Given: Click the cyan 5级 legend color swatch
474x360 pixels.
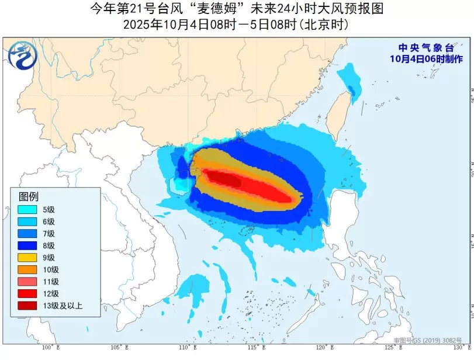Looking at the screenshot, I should pos(26,209).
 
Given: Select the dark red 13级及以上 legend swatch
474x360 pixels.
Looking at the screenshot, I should pos(26,305).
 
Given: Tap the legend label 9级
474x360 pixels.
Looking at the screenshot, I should pos(49,257).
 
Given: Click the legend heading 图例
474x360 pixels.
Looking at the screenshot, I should pos(29,196).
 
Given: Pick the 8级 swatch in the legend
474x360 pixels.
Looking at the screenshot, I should pos(26,245).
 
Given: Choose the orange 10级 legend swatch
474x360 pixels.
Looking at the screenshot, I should pos(26,269).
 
